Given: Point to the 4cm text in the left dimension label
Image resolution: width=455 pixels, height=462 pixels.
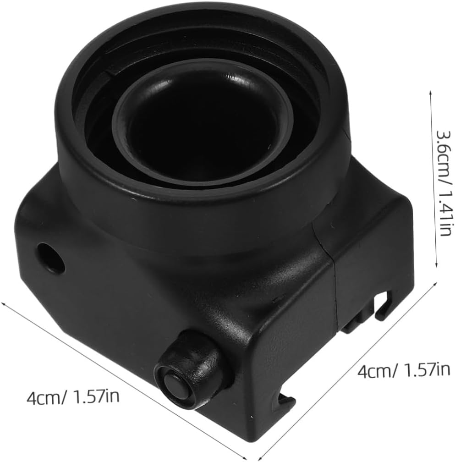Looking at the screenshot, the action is click(44, 397).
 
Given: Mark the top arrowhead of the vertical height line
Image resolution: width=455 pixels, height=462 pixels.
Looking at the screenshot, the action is click(431, 93).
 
